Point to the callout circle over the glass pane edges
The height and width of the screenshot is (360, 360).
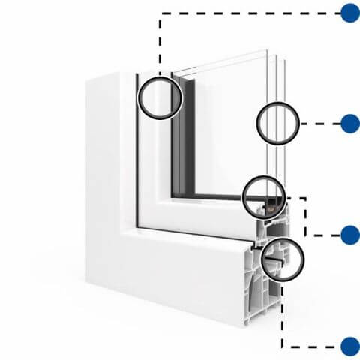278,123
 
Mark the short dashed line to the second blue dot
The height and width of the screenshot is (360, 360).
319,124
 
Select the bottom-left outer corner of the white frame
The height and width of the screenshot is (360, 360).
87,283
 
